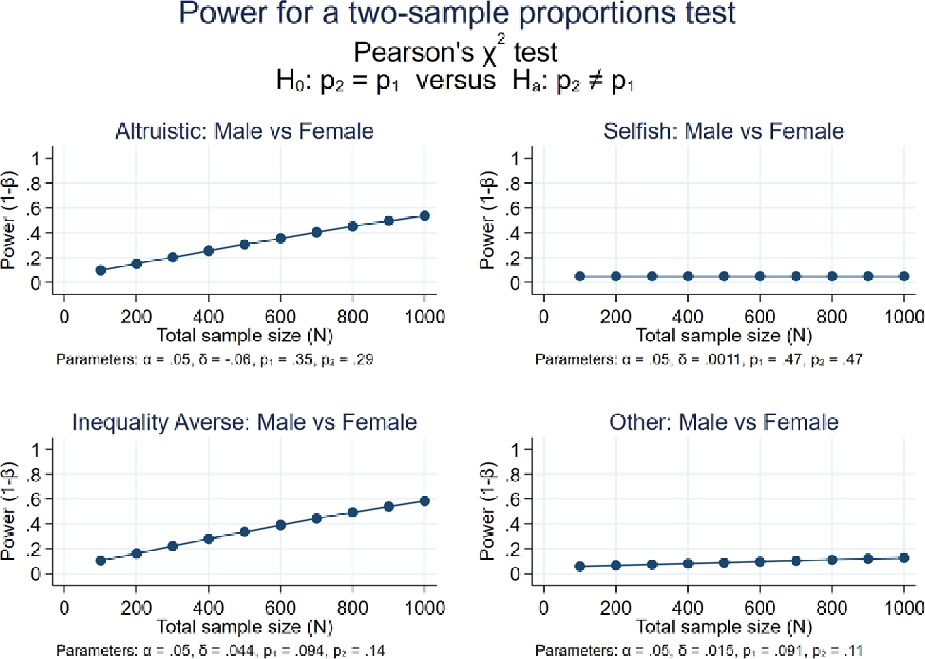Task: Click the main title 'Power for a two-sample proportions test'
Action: [457, 14]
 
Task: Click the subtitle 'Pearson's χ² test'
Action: [455, 52]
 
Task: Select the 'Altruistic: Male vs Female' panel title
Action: [244, 131]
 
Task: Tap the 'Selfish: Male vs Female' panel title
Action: [724, 131]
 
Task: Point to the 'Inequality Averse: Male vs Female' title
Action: [244, 422]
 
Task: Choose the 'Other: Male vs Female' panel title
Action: [724, 422]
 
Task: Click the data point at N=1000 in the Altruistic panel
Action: [425, 216]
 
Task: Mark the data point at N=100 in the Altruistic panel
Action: [101, 270]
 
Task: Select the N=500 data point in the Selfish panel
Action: [724, 276]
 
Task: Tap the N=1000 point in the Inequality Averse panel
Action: [425, 501]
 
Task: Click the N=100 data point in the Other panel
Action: [580, 566]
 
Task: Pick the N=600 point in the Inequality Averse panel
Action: [280, 525]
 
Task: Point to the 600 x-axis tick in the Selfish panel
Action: [760, 317]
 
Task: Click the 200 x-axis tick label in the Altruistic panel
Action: [136, 317]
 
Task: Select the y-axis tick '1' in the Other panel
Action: [515, 449]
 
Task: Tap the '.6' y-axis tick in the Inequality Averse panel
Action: [34, 500]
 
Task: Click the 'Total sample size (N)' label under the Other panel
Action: [724, 626]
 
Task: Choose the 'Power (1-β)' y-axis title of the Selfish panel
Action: [487, 221]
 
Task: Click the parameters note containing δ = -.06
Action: [214, 359]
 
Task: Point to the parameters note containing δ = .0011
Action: [698, 359]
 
